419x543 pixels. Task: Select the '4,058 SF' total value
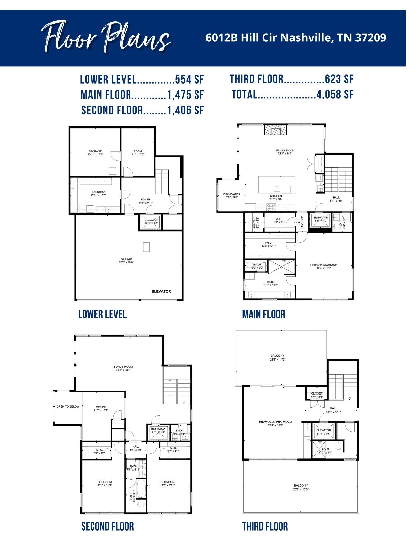(335, 94)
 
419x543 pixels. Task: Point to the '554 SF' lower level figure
(190, 79)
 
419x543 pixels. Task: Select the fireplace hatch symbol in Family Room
(275, 130)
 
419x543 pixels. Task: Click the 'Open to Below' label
(68, 406)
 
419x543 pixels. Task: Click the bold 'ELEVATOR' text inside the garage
(161, 291)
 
